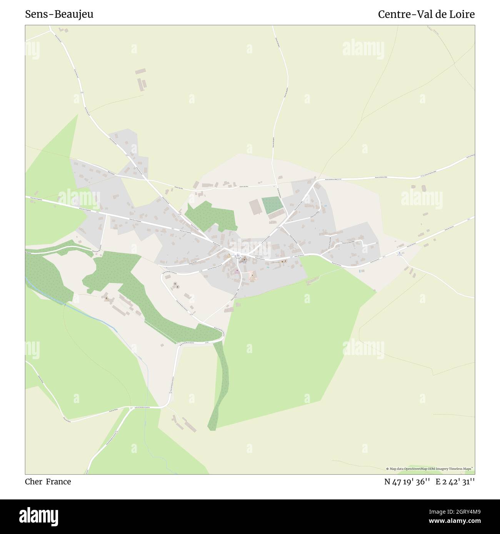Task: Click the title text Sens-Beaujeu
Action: (x=59, y=15)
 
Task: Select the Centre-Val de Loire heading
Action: (x=426, y=15)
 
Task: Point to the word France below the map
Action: (x=58, y=482)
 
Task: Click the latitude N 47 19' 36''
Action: (x=407, y=482)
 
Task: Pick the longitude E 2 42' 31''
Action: (x=455, y=482)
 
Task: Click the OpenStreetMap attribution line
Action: (x=430, y=469)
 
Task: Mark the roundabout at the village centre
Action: (x=238, y=255)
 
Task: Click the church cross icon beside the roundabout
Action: (x=243, y=260)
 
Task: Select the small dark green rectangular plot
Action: (x=272, y=206)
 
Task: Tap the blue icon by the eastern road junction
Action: (x=400, y=253)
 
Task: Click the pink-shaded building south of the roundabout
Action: (x=237, y=271)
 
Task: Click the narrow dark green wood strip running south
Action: (x=218, y=384)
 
